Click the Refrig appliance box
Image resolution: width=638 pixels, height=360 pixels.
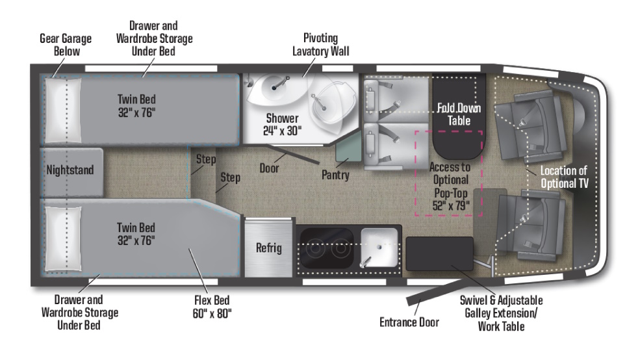pyautogui.click(x=268, y=248)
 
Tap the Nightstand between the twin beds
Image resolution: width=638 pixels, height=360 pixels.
pyautogui.click(x=71, y=171)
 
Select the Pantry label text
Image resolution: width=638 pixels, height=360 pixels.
pyautogui.click(x=335, y=175)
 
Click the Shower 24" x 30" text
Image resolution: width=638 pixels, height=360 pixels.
pyautogui.click(x=281, y=124)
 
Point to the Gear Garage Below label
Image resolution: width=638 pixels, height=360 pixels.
pyautogui.click(x=65, y=44)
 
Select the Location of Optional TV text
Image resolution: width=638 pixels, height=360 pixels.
pyautogui.click(x=564, y=177)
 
